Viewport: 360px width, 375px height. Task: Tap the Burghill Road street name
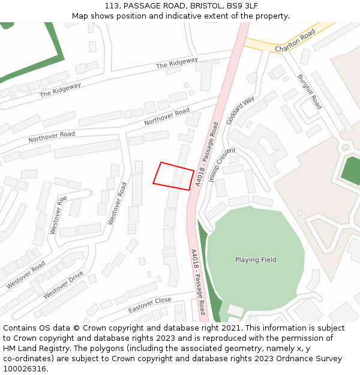[x=310, y=91]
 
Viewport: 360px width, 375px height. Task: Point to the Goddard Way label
[x=240, y=110]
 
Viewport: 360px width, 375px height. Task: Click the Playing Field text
[x=256, y=260]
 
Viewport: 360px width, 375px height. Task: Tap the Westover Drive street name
[x=63, y=284]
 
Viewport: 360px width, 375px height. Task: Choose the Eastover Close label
[x=149, y=305]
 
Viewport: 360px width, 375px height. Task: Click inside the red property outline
[x=173, y=176]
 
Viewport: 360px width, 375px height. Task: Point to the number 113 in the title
[x=112, y=6]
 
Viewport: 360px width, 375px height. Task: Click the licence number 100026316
[x=26, y=369]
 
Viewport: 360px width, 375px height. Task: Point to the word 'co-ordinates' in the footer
[x=28, y=359]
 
